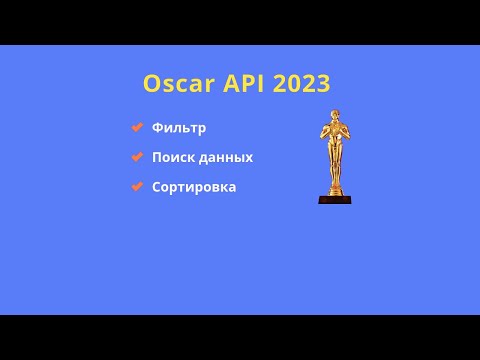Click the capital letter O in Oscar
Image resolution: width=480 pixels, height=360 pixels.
coord(152,84)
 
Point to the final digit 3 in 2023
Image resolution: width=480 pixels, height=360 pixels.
coord(322,84)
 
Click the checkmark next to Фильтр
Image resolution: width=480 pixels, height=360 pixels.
coord(137,127)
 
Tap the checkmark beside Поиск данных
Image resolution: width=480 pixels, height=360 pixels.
coord(137,157)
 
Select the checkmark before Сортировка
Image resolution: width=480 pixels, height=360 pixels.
coord(137,187)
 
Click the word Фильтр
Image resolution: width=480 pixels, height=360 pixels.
coord(179,128)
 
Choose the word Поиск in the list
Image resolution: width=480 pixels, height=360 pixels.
coord(172,158)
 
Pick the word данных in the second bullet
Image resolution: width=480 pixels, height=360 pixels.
coord(225,158)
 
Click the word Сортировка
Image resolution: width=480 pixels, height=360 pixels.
coord(194,187)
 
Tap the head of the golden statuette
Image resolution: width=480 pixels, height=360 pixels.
coord(335,116)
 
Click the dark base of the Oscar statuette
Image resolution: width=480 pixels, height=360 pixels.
coord(335,199)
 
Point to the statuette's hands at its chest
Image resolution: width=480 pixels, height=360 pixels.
coord(335,135)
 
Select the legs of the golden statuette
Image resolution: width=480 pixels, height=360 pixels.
coord(335,172)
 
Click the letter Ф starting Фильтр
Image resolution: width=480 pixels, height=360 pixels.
coord(158,128)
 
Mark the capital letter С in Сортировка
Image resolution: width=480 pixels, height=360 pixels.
coord(157,187)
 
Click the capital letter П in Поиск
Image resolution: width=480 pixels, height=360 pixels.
coord(158,158)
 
